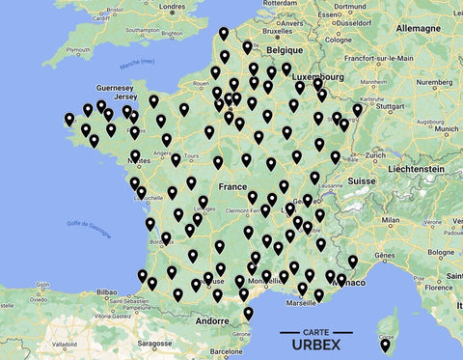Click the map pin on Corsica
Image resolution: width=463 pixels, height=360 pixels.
coord(385,345)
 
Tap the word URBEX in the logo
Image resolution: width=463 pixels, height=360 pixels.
coord(316,346)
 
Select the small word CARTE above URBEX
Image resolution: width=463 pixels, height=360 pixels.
coord(316,332)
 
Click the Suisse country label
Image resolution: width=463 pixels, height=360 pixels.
coord(361,180)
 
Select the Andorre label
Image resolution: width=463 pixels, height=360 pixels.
coord(210,320)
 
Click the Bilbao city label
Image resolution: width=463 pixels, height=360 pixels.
coord(106,291)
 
